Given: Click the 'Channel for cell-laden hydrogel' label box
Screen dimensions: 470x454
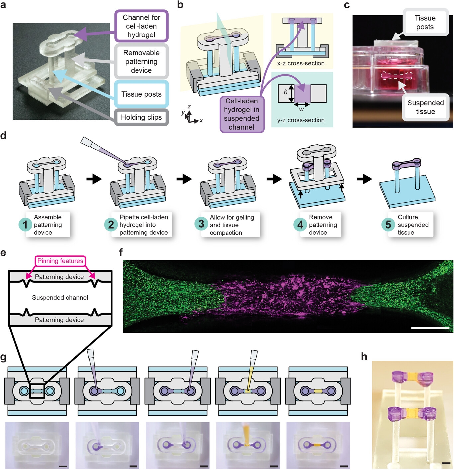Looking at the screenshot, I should (141, 26).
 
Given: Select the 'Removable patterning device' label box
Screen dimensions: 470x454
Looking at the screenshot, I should (141, 62).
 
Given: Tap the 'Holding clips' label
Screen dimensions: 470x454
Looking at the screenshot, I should (141, 117).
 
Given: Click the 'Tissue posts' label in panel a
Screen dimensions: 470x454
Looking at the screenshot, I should (141, 94).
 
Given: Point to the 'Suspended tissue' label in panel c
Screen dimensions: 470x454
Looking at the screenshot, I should (425, 107).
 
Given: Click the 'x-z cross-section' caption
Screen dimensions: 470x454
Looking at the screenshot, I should (301, 63).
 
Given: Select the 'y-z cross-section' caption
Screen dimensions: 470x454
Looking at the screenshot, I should (301, 120).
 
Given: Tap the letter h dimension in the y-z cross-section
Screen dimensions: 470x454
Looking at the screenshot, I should (285, 92).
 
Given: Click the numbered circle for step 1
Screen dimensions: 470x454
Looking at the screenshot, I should (25, 225).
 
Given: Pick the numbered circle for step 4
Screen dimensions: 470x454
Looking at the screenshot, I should (300, 225).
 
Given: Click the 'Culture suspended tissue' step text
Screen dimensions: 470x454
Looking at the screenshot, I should (413, 225).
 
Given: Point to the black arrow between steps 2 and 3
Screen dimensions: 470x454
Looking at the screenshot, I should (184, 179).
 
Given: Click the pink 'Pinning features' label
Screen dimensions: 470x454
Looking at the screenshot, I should (60, 261).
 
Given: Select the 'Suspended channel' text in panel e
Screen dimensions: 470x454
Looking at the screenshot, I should (60, 298).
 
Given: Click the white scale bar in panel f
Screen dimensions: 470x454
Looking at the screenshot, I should (430, 328).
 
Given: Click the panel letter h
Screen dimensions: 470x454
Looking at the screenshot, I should (364, 357).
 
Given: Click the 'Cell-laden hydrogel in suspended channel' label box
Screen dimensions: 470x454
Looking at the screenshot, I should (241, 114).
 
